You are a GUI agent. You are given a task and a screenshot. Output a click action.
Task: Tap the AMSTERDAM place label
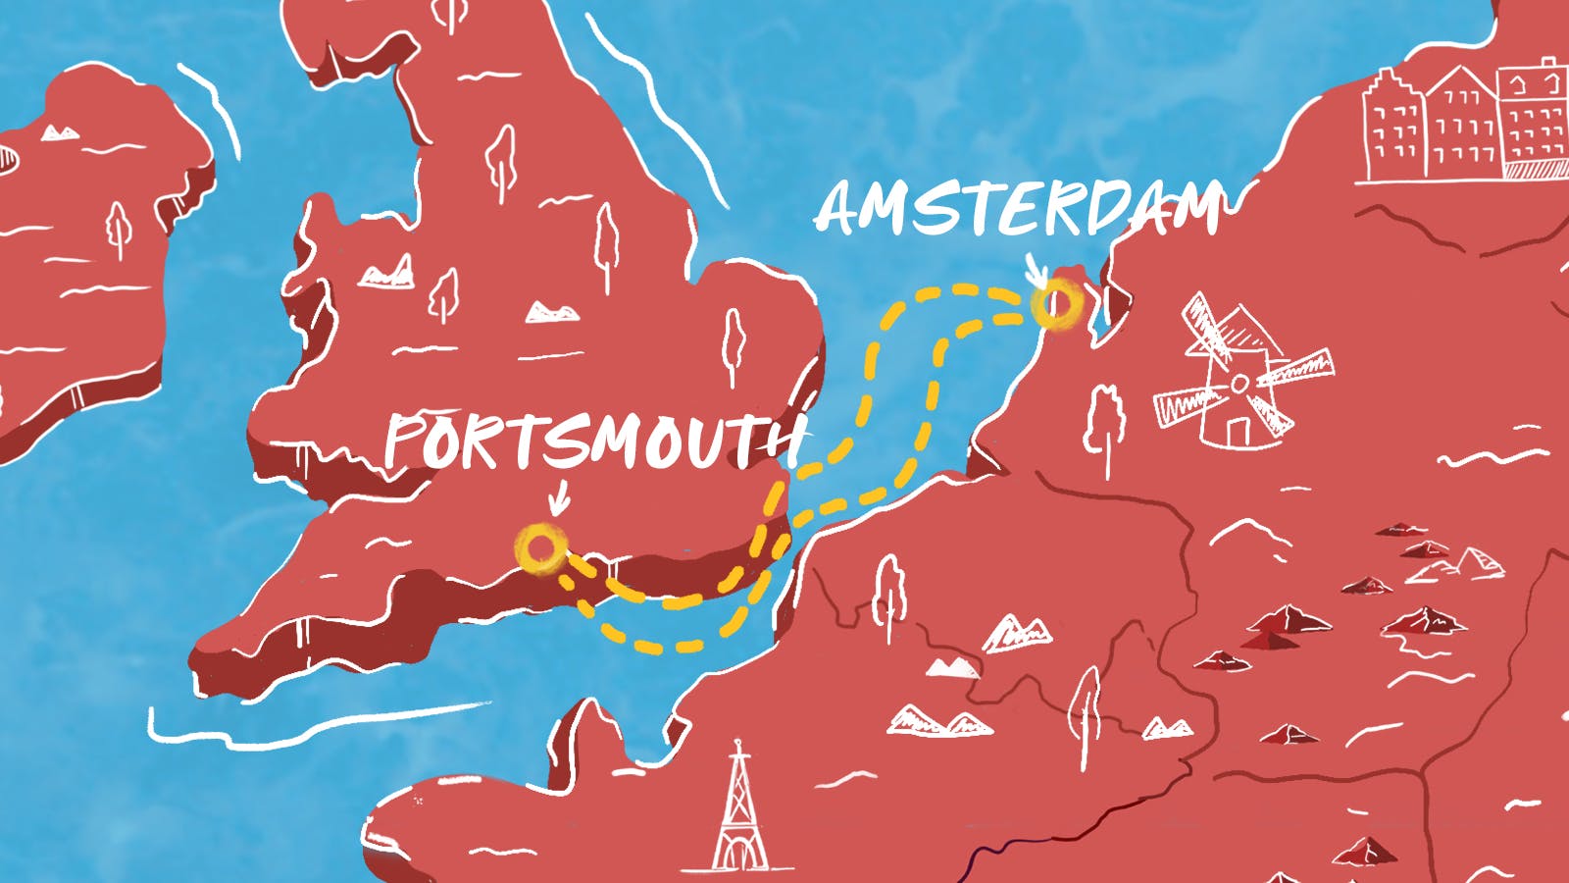(1020, 209)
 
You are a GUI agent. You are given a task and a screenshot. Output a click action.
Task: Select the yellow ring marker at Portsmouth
(540, 548)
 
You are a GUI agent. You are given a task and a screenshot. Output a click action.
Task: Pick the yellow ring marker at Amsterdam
(1057, 303)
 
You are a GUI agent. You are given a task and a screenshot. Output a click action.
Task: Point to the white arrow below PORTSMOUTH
(558, 497)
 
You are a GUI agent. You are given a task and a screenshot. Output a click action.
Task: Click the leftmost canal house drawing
(1392, 128)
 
